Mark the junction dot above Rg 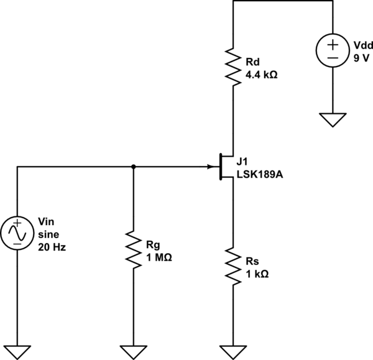click(x=134, y=167)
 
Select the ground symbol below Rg click(x=134, y=351)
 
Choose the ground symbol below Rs click(x=233, y=351)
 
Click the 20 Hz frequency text click(x=52, y=246)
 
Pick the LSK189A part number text click(x=260, y=175)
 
